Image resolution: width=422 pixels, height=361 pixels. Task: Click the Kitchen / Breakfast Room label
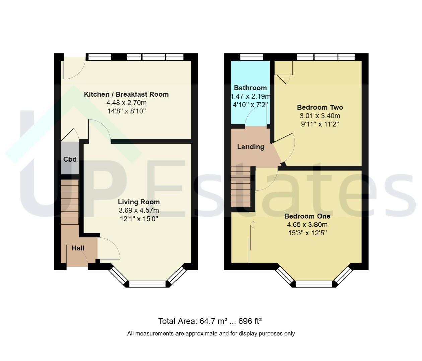[126, 94]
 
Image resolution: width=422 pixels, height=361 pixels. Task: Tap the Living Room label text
[139, 202]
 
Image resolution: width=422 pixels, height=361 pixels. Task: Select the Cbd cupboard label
[70, 159]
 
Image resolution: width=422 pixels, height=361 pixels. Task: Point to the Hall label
[78, 248]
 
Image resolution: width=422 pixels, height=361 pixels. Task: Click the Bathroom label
[250, 88]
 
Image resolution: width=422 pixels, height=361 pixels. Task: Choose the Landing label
[251, 147]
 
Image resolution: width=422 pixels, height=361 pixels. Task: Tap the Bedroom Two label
[320, 107]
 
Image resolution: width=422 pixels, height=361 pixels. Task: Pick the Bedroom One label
[307, 216]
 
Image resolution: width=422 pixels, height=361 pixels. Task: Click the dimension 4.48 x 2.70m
[126, 103]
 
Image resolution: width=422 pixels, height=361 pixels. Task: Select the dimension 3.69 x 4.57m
[139, 210]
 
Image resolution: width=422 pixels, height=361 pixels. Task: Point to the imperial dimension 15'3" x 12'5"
[307, 233]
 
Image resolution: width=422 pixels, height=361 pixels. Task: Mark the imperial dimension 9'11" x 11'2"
[320, 124]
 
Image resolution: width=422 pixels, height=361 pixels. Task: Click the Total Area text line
[210, 321]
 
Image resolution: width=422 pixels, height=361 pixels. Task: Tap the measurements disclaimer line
[211, 333]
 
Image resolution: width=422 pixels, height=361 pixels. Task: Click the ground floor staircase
[70, 202]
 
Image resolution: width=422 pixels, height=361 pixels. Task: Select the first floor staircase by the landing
[240, 186]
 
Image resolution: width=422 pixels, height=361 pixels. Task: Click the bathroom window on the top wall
[251, 57]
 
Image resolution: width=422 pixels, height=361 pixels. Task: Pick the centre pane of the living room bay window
[148, 284]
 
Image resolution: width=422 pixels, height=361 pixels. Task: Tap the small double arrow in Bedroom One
[253, 225]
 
